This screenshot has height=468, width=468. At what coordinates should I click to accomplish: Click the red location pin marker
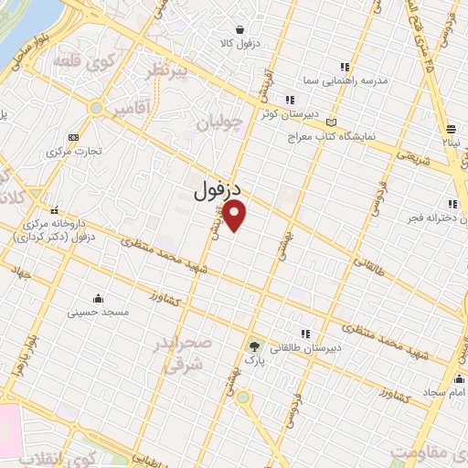(x=236, y=216)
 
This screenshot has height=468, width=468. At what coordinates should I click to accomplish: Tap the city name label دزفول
(x=217, y=189)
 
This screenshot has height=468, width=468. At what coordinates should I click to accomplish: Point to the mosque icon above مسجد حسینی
(x=98, y=298)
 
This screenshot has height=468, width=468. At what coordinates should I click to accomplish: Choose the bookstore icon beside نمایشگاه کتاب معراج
(x=331, y=122)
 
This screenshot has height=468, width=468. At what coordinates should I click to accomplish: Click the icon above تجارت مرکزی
(x=74, y=136)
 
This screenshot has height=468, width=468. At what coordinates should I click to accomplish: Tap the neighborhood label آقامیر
(x=133, y=109)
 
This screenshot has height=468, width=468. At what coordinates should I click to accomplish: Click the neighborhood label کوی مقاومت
(x=429, y=452)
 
